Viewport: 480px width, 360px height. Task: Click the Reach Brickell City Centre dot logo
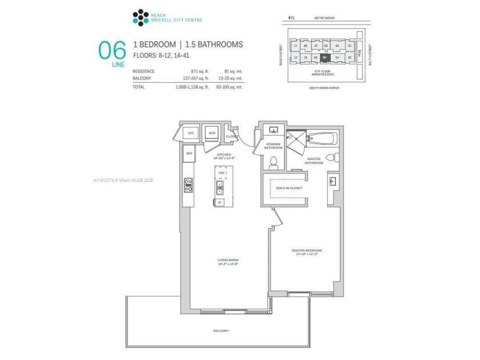(x=140, y=17)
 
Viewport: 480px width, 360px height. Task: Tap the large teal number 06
(x=112, y=50)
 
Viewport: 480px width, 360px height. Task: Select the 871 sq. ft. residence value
(x=190, y=71)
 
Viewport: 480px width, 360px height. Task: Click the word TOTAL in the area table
(x=138, y=87)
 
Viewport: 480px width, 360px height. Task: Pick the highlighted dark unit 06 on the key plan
(x=325, y=57)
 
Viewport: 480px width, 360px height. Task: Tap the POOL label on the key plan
(x=360, y=51)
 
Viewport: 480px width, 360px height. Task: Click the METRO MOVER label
(x=323, y=18)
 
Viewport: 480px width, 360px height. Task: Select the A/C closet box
(x=191, y=133)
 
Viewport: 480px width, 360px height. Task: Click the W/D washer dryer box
(x=211, y=133)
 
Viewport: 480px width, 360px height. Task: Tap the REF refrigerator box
(x=189, y=153)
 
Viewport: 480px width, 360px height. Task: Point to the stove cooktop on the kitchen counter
(x=189, y=185)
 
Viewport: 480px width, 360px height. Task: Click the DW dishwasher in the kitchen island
(x=221, y=173)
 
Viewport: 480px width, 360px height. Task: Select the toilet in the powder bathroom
(x=273, y=162)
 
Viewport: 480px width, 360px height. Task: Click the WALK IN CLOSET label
(x=289, y=187)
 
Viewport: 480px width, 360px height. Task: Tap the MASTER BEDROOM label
(x=307, y=250)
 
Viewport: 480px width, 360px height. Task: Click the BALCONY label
(x=221, y=331)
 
